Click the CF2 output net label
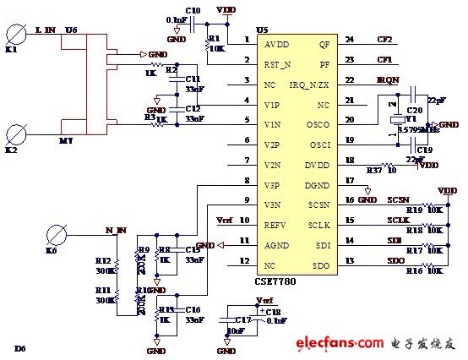pyautogui.click(x=385, y=39)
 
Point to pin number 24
pyautogui.click(x=349, y=39)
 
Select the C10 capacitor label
pyautogui.click(x=193, y=10)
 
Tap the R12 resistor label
pyautogui.click(x=103, y=260)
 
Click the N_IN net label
pyautogui.click(x=115, y=229)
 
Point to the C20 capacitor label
pyautogui.click(x=414, y=110)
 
